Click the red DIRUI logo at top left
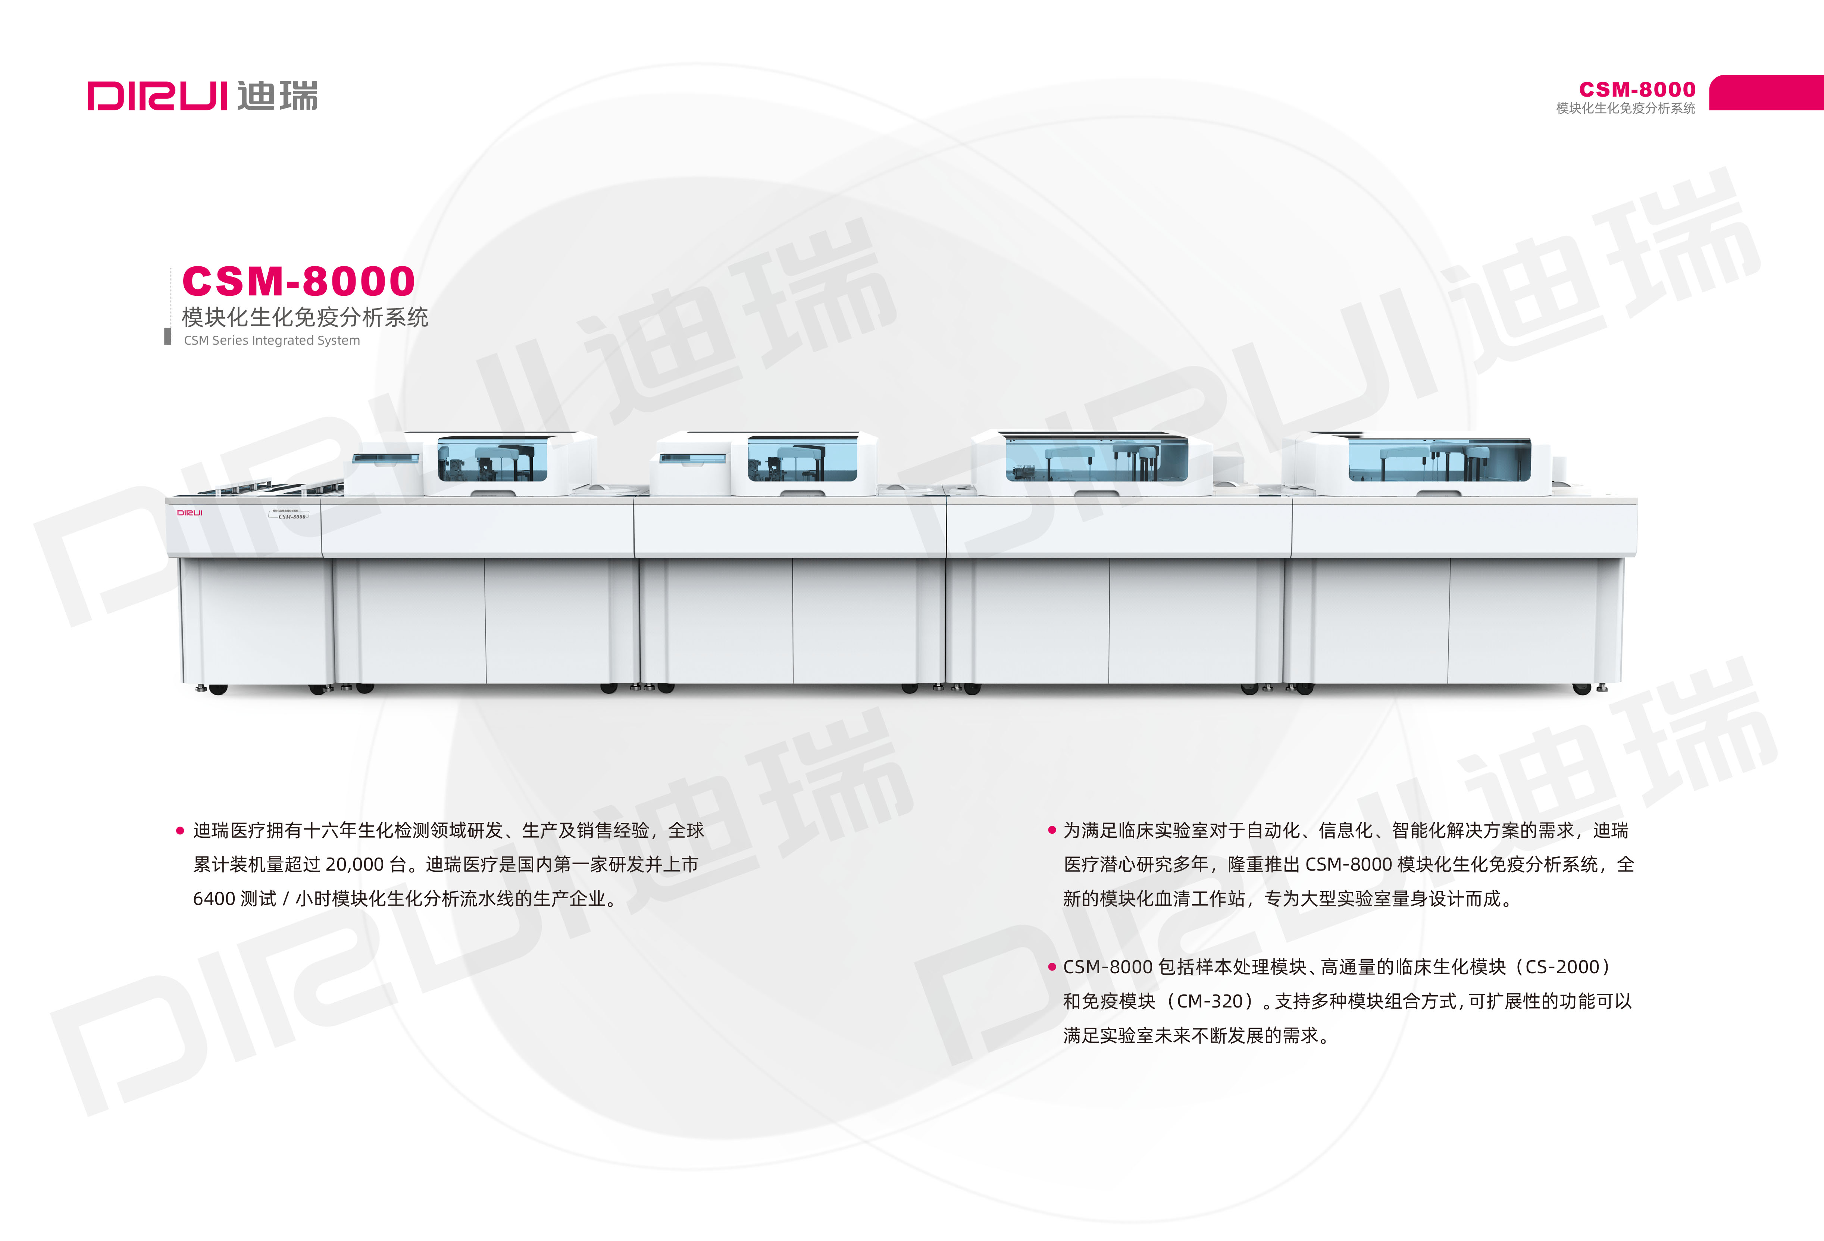[157, 96]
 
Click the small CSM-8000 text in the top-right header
[1637, 90]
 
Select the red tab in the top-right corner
[1766, 93]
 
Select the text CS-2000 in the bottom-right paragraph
[1562, 967]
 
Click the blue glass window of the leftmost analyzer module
[492, 459]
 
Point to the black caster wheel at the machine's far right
[1582, 689]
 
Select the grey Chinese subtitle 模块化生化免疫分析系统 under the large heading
[304, 317]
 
